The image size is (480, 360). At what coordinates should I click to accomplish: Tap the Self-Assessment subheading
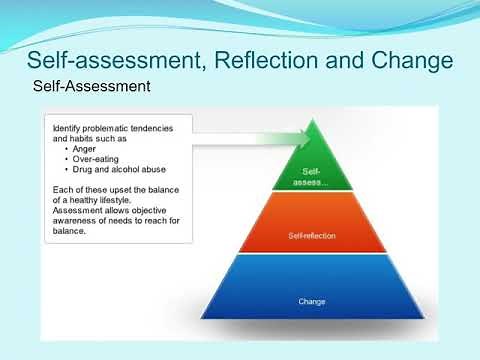(92, 87)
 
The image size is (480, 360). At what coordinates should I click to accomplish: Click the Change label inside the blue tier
(312, 300)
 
